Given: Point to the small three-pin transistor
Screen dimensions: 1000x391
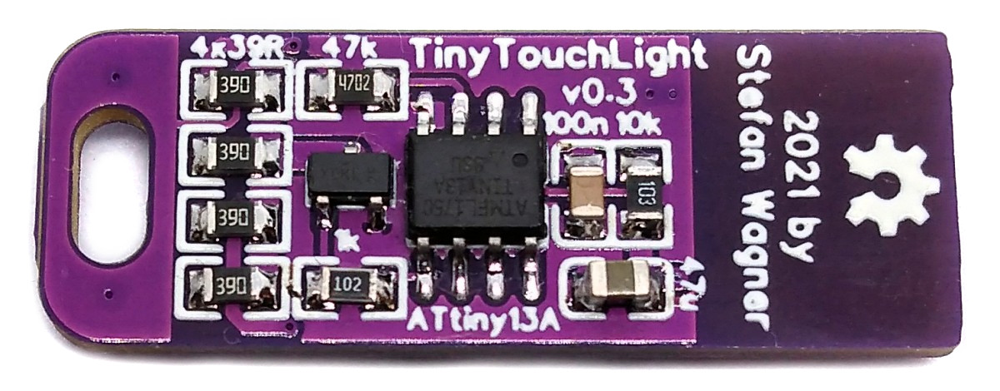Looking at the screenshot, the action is (349, 178).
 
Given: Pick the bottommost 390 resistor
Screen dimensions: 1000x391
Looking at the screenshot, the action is (226, 286).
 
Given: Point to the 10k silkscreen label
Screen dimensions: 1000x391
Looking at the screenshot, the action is (637, 124).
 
